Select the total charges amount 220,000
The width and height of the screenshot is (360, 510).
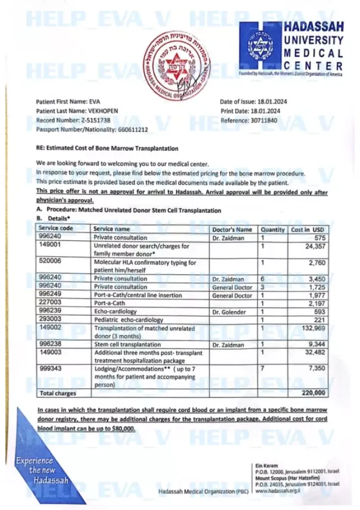tap(314, 393)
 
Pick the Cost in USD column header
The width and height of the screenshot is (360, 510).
tap(308, 229)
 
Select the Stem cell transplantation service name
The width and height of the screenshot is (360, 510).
tap(127, 344)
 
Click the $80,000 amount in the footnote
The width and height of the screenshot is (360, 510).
tap(123, 428)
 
